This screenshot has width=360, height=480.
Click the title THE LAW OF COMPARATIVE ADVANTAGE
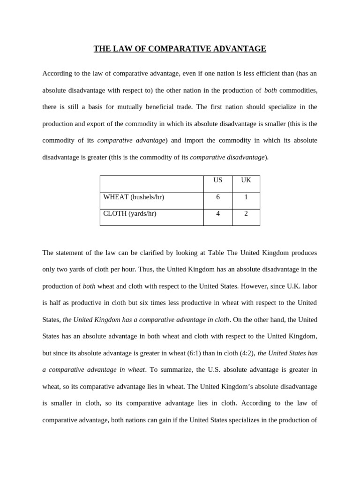point(180,49)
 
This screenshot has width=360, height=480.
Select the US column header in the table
point(217,180)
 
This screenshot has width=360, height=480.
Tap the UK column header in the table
point(246,180)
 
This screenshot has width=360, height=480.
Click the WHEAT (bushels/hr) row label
point(134,197)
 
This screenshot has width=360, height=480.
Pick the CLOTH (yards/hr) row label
point(130,214)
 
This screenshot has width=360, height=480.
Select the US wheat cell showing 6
point(217,197)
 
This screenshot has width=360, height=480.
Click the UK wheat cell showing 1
point(246,197)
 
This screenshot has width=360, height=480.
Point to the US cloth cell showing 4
point(217,214)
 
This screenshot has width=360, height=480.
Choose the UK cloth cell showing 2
point(246,214)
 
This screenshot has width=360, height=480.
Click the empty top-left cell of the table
point(151,184)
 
